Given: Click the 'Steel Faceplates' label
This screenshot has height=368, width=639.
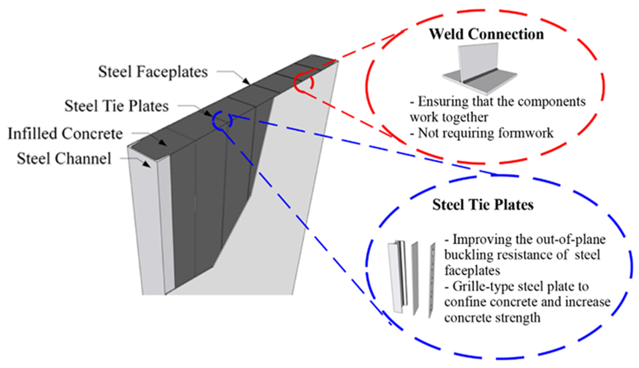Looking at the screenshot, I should click(x=153, y=72).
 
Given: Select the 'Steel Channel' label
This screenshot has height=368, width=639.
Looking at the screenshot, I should click(x=64, y=159).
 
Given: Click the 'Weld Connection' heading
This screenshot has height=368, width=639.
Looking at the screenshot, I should click(x=486, y=34).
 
